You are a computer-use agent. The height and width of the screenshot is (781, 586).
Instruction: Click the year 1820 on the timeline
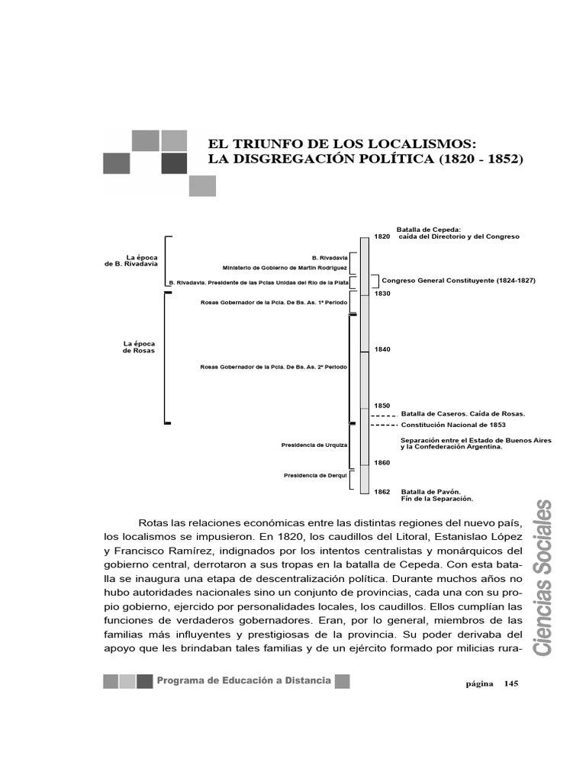tap(382, 236)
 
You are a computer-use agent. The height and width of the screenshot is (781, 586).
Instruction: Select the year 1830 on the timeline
tap(382, 294)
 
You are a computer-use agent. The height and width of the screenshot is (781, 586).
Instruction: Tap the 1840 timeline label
tap(382, 349)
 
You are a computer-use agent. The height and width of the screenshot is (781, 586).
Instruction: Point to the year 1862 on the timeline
tap(382, 492)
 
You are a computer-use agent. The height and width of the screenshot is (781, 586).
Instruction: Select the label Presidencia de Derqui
tap(315, 475)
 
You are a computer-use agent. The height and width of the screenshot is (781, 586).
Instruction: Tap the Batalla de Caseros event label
tap(462, 413)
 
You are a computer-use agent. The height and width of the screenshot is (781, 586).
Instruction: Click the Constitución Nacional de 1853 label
tap(453, 425)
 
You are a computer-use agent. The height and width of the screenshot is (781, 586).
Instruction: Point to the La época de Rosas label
tap(139, 347)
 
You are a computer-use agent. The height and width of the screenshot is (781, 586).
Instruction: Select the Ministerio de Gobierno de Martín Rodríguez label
tap(285, 268)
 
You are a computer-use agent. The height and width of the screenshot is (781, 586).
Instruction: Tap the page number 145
tap(510, 684)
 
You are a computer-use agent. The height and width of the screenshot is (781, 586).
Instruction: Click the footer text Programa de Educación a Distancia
tap(244, 680)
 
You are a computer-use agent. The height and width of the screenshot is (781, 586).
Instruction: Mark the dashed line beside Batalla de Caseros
tap(384, 415)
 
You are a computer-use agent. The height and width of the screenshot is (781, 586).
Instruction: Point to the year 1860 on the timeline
tap(382, 463)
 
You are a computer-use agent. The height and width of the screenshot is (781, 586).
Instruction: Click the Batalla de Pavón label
tap(430, 492)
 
